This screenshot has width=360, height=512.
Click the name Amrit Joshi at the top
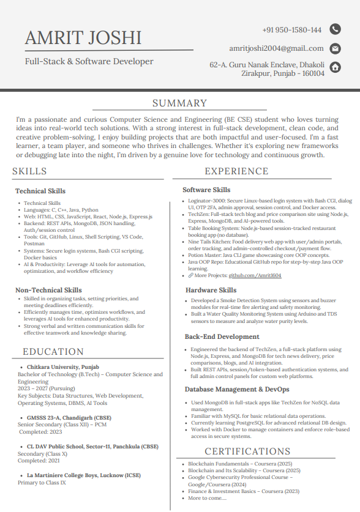click(83, 38)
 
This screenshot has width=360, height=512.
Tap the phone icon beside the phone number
click(335, 29)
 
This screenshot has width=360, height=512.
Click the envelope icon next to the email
click(335, 48)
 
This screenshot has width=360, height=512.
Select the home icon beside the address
click(335, 67)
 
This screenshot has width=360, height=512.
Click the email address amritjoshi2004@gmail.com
click(276, 48)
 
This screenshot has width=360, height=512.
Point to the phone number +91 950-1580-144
click(291, 30)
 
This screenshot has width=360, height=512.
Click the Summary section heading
click(180, 104)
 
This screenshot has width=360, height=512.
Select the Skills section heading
click(29, 171)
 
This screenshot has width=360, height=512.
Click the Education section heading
click(53, 352)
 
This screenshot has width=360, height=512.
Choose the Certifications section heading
click(247, 451)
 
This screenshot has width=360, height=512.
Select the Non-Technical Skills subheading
click(48, 290)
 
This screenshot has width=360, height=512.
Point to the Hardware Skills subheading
click(211, 290)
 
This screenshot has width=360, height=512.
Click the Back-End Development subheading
click(222, 336)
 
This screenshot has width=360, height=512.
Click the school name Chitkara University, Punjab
click(54, 367)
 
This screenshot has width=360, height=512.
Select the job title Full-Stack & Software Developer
click(89, 61)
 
